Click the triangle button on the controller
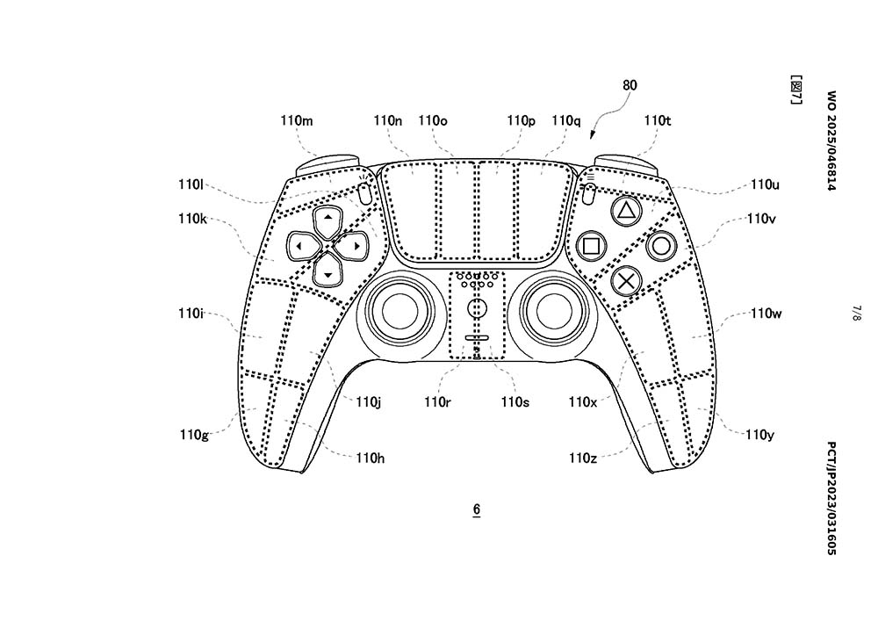[x=626, y=211]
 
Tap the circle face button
[x=661, y=246]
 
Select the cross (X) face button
[x=626, y=280]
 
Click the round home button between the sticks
[x=477, y=307]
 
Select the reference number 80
[x=630, y=85]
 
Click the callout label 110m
[x=297, y=120]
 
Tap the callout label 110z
[x=582, y=458]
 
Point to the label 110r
[x=437, y=401]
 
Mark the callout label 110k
[x=192, y=219]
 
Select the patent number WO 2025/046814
[x=831, y=141]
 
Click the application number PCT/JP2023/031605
[x=831, y=498]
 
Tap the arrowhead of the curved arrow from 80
[x=592, y=135]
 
